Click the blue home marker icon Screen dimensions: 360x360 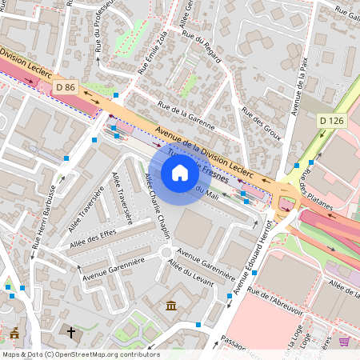point(180,173)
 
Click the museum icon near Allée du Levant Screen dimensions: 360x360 point(171,306)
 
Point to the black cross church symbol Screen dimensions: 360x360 point(70,331)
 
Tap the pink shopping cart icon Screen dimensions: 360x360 point(344,342)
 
